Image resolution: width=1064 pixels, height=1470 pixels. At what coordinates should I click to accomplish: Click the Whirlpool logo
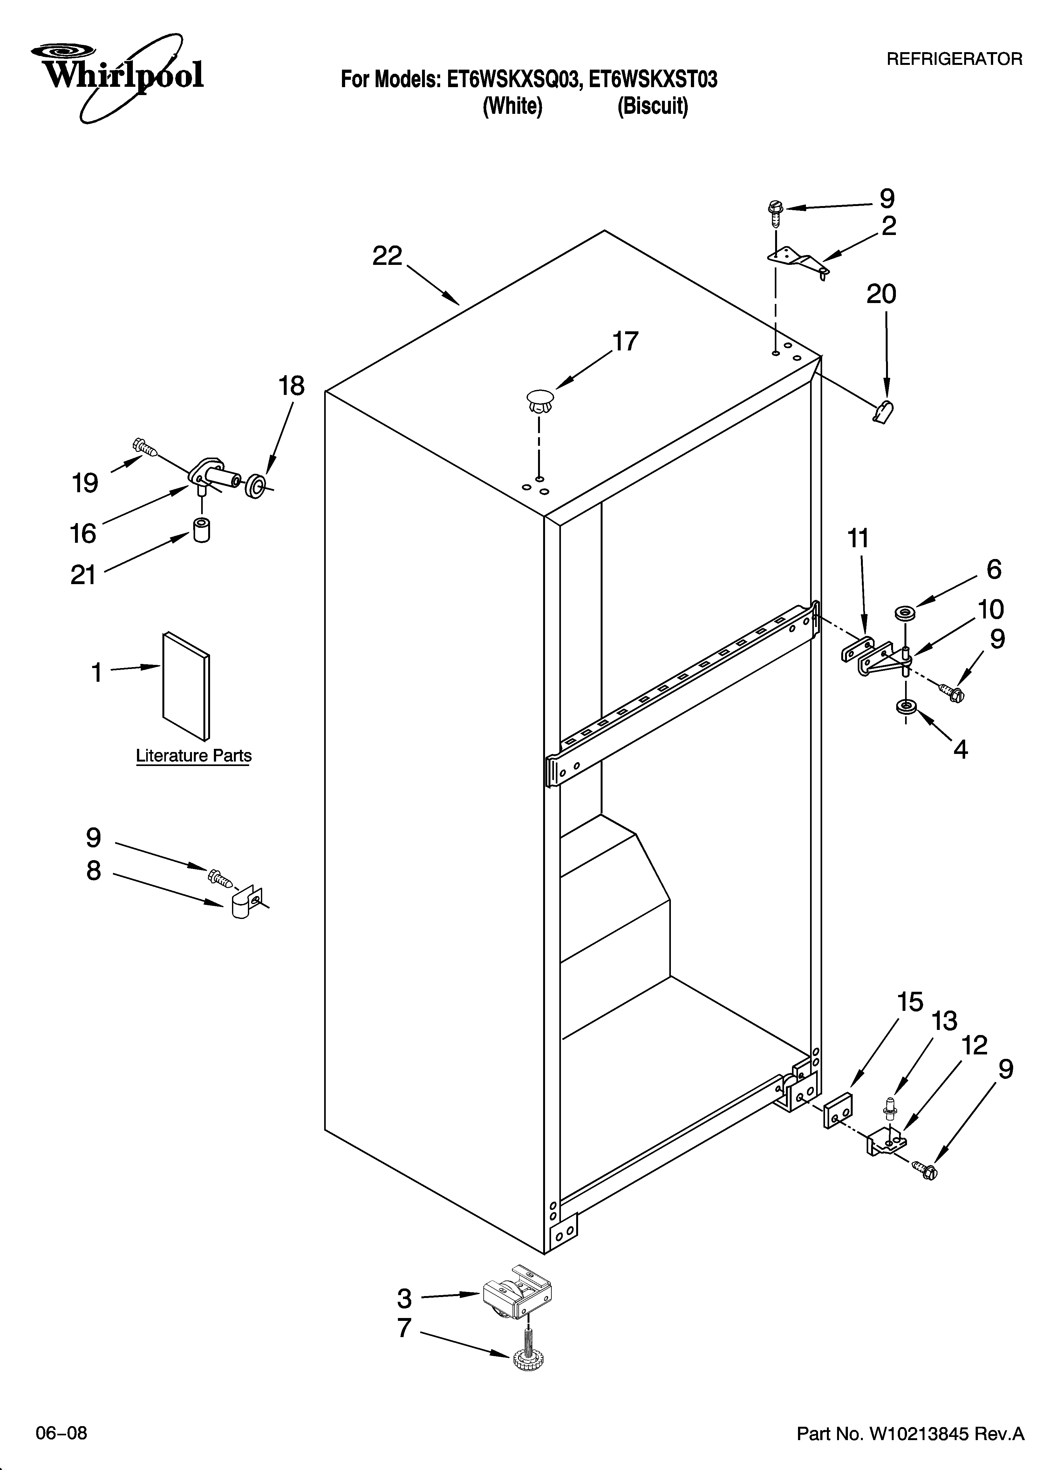(117, 77)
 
